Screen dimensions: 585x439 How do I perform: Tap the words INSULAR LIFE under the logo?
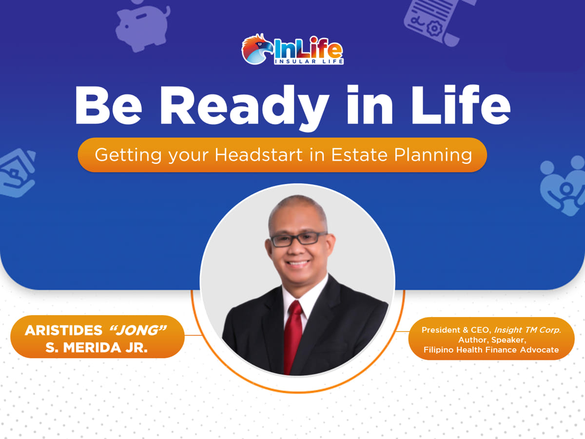click(309, 61)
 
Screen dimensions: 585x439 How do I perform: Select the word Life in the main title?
click(461, 104)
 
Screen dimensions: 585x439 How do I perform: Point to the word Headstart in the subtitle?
click(258, 155)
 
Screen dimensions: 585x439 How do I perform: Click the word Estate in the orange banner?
click(359, 155)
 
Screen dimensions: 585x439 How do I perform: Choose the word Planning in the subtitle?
click(433, 155)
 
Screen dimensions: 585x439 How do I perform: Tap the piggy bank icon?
click(142, 26)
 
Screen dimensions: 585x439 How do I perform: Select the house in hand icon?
click(17, 173)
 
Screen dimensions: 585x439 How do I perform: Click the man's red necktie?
click(293, 337)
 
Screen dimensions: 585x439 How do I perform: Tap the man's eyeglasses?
click(298, 239)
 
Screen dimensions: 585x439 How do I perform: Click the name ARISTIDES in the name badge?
click(63, 331)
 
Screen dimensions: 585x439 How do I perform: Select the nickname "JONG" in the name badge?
click(138, 330)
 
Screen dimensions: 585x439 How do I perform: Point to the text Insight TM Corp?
click(527, 330)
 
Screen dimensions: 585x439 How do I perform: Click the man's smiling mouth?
click(297, 264)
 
